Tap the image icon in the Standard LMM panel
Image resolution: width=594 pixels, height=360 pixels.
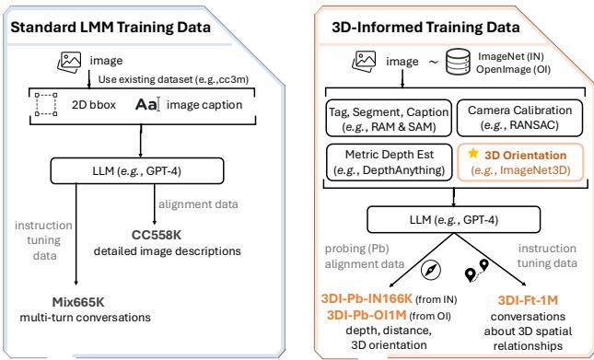[70, 62]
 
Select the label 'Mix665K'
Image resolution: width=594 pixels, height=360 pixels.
[79, 302]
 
